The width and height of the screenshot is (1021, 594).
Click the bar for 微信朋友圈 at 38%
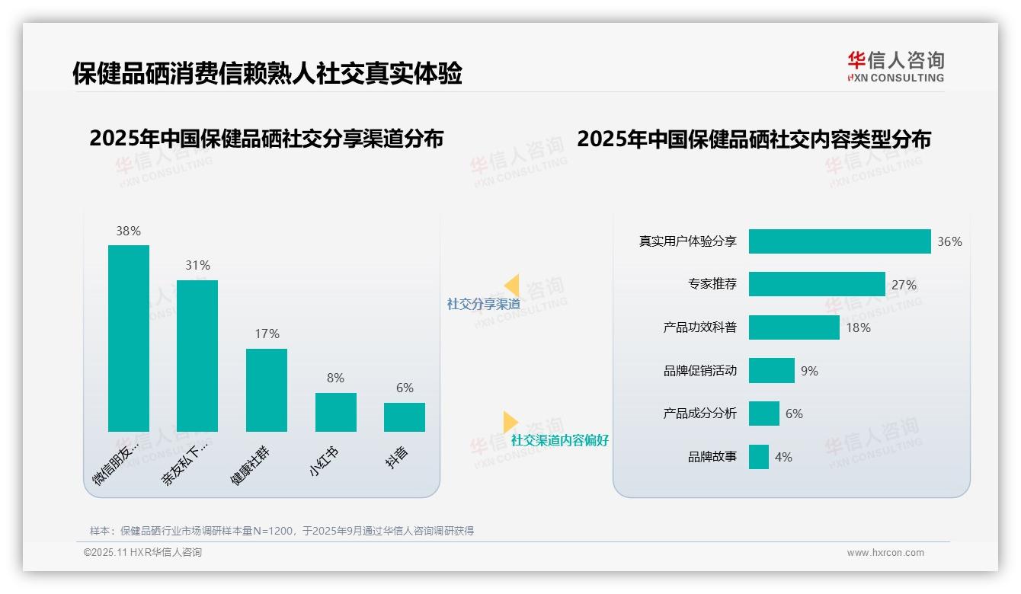pos(129,338)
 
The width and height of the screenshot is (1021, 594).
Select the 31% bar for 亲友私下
pos(197,356)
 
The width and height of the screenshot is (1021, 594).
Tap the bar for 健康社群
pos(267,390)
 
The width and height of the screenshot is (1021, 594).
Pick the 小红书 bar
pos(336,412)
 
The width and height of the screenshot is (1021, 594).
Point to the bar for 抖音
pos(405,417)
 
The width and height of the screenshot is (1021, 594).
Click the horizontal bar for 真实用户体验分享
pos(840,241)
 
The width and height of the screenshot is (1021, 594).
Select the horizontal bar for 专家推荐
pos(817,284)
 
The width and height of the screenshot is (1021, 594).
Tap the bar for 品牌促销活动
pos(772,371)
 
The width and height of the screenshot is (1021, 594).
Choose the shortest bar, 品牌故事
pos(759,457)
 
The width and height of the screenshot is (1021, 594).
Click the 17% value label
pos(267,334)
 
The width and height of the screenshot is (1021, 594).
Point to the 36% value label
pos(949,241)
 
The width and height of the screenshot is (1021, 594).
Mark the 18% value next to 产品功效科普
pos(858,327)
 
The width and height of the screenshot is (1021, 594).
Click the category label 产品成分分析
pos(699,414)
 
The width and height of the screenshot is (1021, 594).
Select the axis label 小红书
pos(324,461)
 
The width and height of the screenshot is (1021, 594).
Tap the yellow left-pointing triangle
pos(512,286)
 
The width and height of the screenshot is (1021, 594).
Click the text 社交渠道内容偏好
pos(560,440)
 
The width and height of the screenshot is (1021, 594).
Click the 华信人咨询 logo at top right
pos(896,66)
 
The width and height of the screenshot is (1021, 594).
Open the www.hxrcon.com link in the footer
pos(885,553)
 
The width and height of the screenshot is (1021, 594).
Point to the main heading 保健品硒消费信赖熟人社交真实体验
pos(267,74)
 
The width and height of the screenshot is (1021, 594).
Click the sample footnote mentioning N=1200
pos(282,531)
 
